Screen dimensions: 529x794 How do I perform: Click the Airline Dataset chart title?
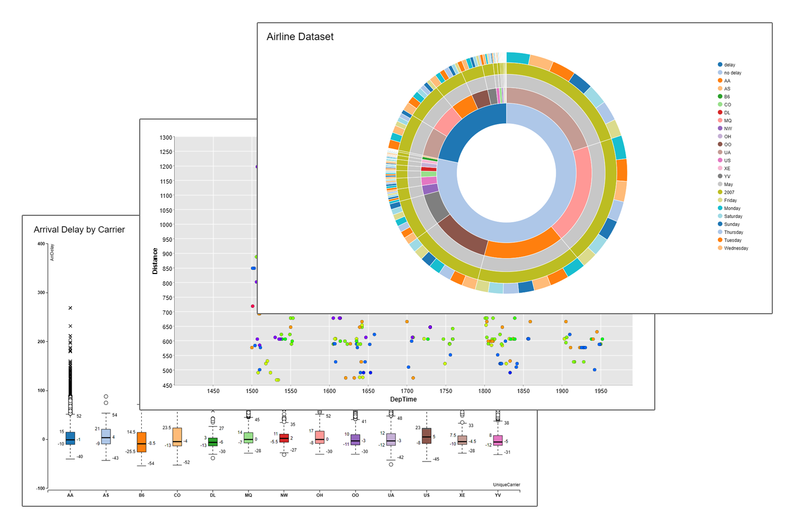300,37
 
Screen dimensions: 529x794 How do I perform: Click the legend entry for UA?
727,152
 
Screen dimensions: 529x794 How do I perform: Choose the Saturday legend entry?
733,216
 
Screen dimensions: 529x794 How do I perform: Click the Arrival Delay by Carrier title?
79,230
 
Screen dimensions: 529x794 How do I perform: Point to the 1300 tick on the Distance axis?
166,138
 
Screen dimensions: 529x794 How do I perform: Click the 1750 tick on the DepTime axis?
446,391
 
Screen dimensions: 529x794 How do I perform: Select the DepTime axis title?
403,399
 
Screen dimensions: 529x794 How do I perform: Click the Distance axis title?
155,261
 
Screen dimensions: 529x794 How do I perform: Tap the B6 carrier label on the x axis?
141,495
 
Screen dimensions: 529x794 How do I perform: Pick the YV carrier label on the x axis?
498,495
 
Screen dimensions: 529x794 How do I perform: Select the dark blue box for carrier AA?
70,439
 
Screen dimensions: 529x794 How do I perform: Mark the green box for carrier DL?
213,442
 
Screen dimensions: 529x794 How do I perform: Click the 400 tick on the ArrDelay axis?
41,244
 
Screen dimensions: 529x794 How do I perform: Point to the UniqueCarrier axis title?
506,485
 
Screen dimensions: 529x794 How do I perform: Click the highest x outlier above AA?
70,308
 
